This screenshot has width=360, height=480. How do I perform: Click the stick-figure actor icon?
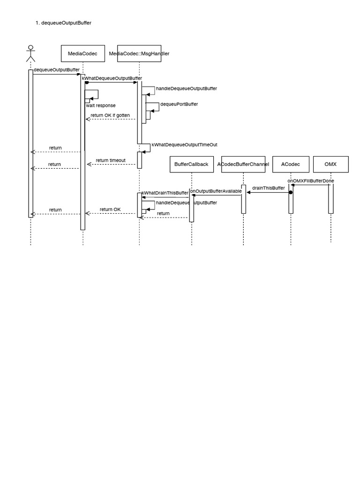pos(30,53)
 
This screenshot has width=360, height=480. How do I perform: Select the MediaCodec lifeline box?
pos(82,53)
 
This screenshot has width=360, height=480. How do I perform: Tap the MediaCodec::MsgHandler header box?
pos(139,53)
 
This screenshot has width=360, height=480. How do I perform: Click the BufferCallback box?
pos(191,164)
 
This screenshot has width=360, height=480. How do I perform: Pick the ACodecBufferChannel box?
pos(243,164)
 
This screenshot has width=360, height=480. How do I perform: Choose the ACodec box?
pos(291,164)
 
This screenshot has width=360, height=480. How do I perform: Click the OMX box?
pos(330,164)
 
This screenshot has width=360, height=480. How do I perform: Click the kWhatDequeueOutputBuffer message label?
pos(112,78)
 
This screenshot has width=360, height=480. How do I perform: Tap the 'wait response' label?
pos(100,105)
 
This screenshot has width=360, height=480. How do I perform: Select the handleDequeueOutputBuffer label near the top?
pos(186,88)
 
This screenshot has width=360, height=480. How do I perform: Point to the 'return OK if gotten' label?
pos(110,115)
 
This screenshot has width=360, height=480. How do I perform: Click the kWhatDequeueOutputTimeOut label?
pos(184,145)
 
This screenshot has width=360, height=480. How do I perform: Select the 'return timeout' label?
pos(111,160)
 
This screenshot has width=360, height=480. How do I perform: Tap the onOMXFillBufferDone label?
pos(311,180)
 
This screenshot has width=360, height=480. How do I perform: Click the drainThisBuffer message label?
pos(268,188)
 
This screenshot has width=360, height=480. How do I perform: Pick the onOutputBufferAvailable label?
pos(216,191)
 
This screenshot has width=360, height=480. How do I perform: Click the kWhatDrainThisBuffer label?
pos(165,193)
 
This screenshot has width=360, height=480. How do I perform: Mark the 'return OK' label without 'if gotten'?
pos(110,209)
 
